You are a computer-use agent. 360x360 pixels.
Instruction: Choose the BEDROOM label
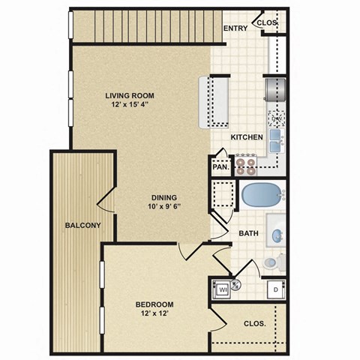[x=154, y=304]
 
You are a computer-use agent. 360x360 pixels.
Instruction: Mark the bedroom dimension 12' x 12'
[x=154, y=314]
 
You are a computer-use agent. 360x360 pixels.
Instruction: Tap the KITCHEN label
[x=246, y=137]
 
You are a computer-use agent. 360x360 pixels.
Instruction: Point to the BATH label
[x=249, y=233]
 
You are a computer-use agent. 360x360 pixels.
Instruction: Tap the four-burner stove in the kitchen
[x=247, y=163]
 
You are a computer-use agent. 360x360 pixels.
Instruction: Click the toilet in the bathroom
[x=275, y=262]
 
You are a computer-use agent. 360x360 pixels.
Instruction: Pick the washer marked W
[x=223, y=287]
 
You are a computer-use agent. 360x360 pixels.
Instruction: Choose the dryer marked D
[x=276, y=288]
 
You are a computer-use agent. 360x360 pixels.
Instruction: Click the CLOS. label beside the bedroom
[x=254, y=325]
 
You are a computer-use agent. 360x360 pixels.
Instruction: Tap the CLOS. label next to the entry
[x=268, y=22]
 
